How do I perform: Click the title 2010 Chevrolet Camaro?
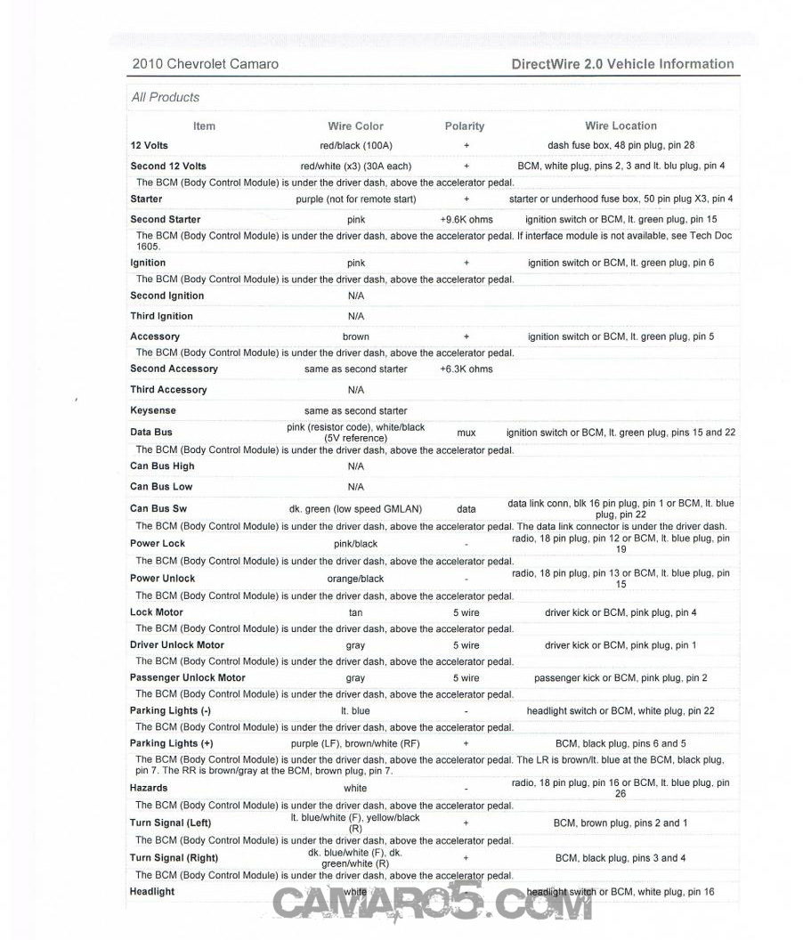(205, 64)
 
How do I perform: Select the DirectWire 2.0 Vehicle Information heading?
(623, 64)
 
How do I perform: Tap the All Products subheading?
(166, 97)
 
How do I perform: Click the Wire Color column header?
(355, 126)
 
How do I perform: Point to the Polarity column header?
(465, 126)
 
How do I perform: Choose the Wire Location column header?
(620, 126)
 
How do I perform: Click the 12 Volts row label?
(149, 145)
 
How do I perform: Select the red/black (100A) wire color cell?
(355, 145)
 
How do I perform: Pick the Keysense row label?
(153, 410)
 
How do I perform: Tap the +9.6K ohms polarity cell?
(466, 219)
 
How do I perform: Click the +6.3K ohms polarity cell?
(466, 369)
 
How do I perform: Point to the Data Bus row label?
(151, 432)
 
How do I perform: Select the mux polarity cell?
(466, 433)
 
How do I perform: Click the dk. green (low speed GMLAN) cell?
(355, 509)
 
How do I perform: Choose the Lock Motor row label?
(157, 612)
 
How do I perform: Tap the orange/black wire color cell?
(355, 579)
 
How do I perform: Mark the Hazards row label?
(149, 788)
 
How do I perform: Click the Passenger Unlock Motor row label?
(188, 677)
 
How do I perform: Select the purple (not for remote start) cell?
(355, 199)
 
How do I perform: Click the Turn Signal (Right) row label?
(174, 858)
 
